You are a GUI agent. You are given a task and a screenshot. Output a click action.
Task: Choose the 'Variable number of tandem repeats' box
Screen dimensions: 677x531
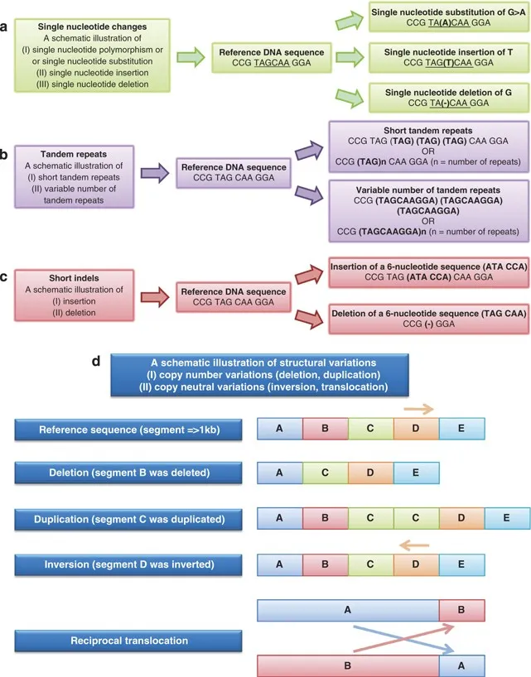pyautogui.click(x=423, y=207)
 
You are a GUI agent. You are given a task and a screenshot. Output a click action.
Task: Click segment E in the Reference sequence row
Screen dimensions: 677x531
pyautogui.click(x=461, y=429)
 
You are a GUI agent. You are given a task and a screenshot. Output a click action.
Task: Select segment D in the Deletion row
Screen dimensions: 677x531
pyautogui.click(x=370, y=473)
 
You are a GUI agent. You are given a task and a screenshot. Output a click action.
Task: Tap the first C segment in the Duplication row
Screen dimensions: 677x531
pyautogui.click(x=370, y=518)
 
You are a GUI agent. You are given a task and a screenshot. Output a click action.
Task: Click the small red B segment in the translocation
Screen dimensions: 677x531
pyautogui.click(x=461, y=610)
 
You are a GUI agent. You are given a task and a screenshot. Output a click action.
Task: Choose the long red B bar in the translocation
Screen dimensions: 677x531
pyautogui.click(x=348, y=665)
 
